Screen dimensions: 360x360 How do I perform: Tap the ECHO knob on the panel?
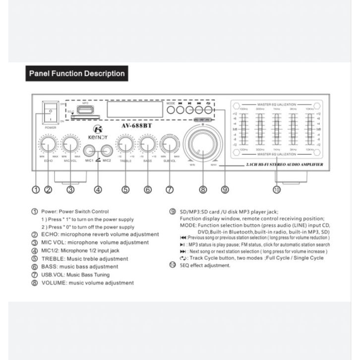[48, 144]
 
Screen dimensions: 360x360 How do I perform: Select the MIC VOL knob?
[70, 144]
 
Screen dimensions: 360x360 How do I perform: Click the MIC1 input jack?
[90, 150]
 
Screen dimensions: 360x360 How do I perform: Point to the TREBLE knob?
[125, 144]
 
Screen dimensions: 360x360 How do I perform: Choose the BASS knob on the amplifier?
[147, 144]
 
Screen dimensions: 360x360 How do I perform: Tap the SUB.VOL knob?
[170, 144]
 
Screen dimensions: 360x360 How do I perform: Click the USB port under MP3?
[82, 110]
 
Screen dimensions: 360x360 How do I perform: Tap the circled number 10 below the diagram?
[276, 189]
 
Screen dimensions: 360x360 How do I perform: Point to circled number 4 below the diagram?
[98, 189]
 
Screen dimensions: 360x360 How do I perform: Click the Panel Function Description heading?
[77, 73]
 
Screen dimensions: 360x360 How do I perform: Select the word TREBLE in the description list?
[51, 259]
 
